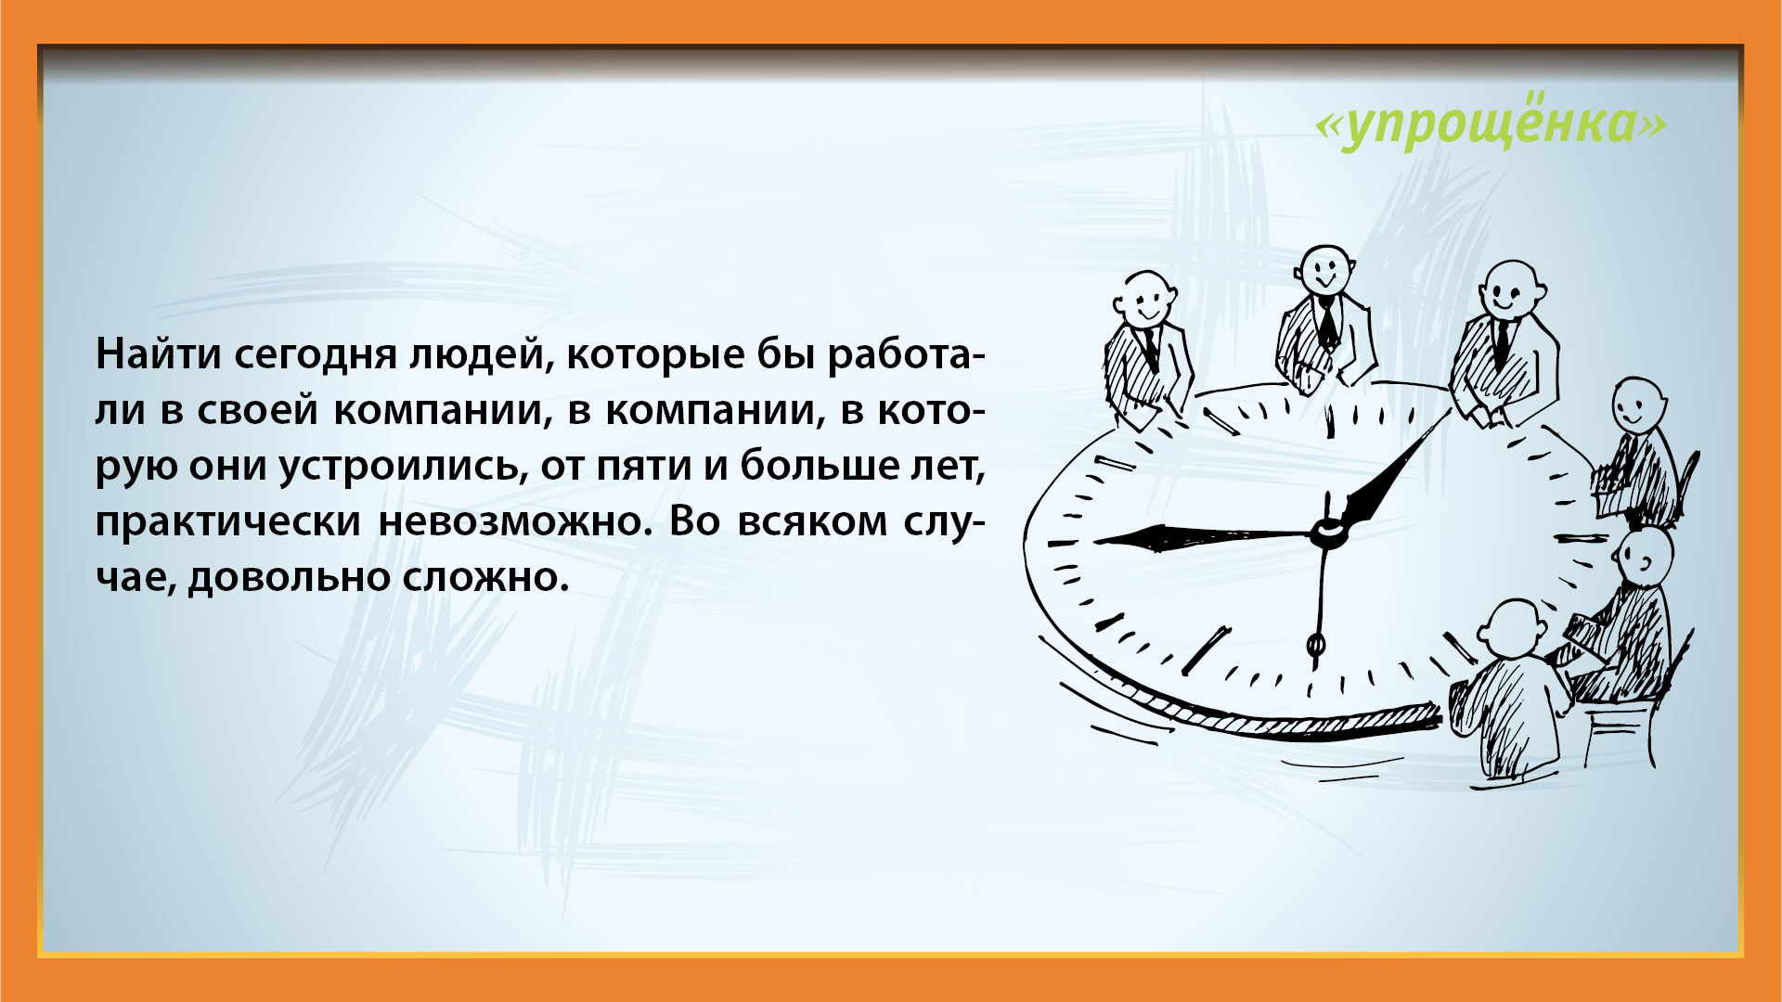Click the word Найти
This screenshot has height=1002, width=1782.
click(157, 354)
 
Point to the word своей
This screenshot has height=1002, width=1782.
click(257, 409)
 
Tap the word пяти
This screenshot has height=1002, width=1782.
click(644, 467)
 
